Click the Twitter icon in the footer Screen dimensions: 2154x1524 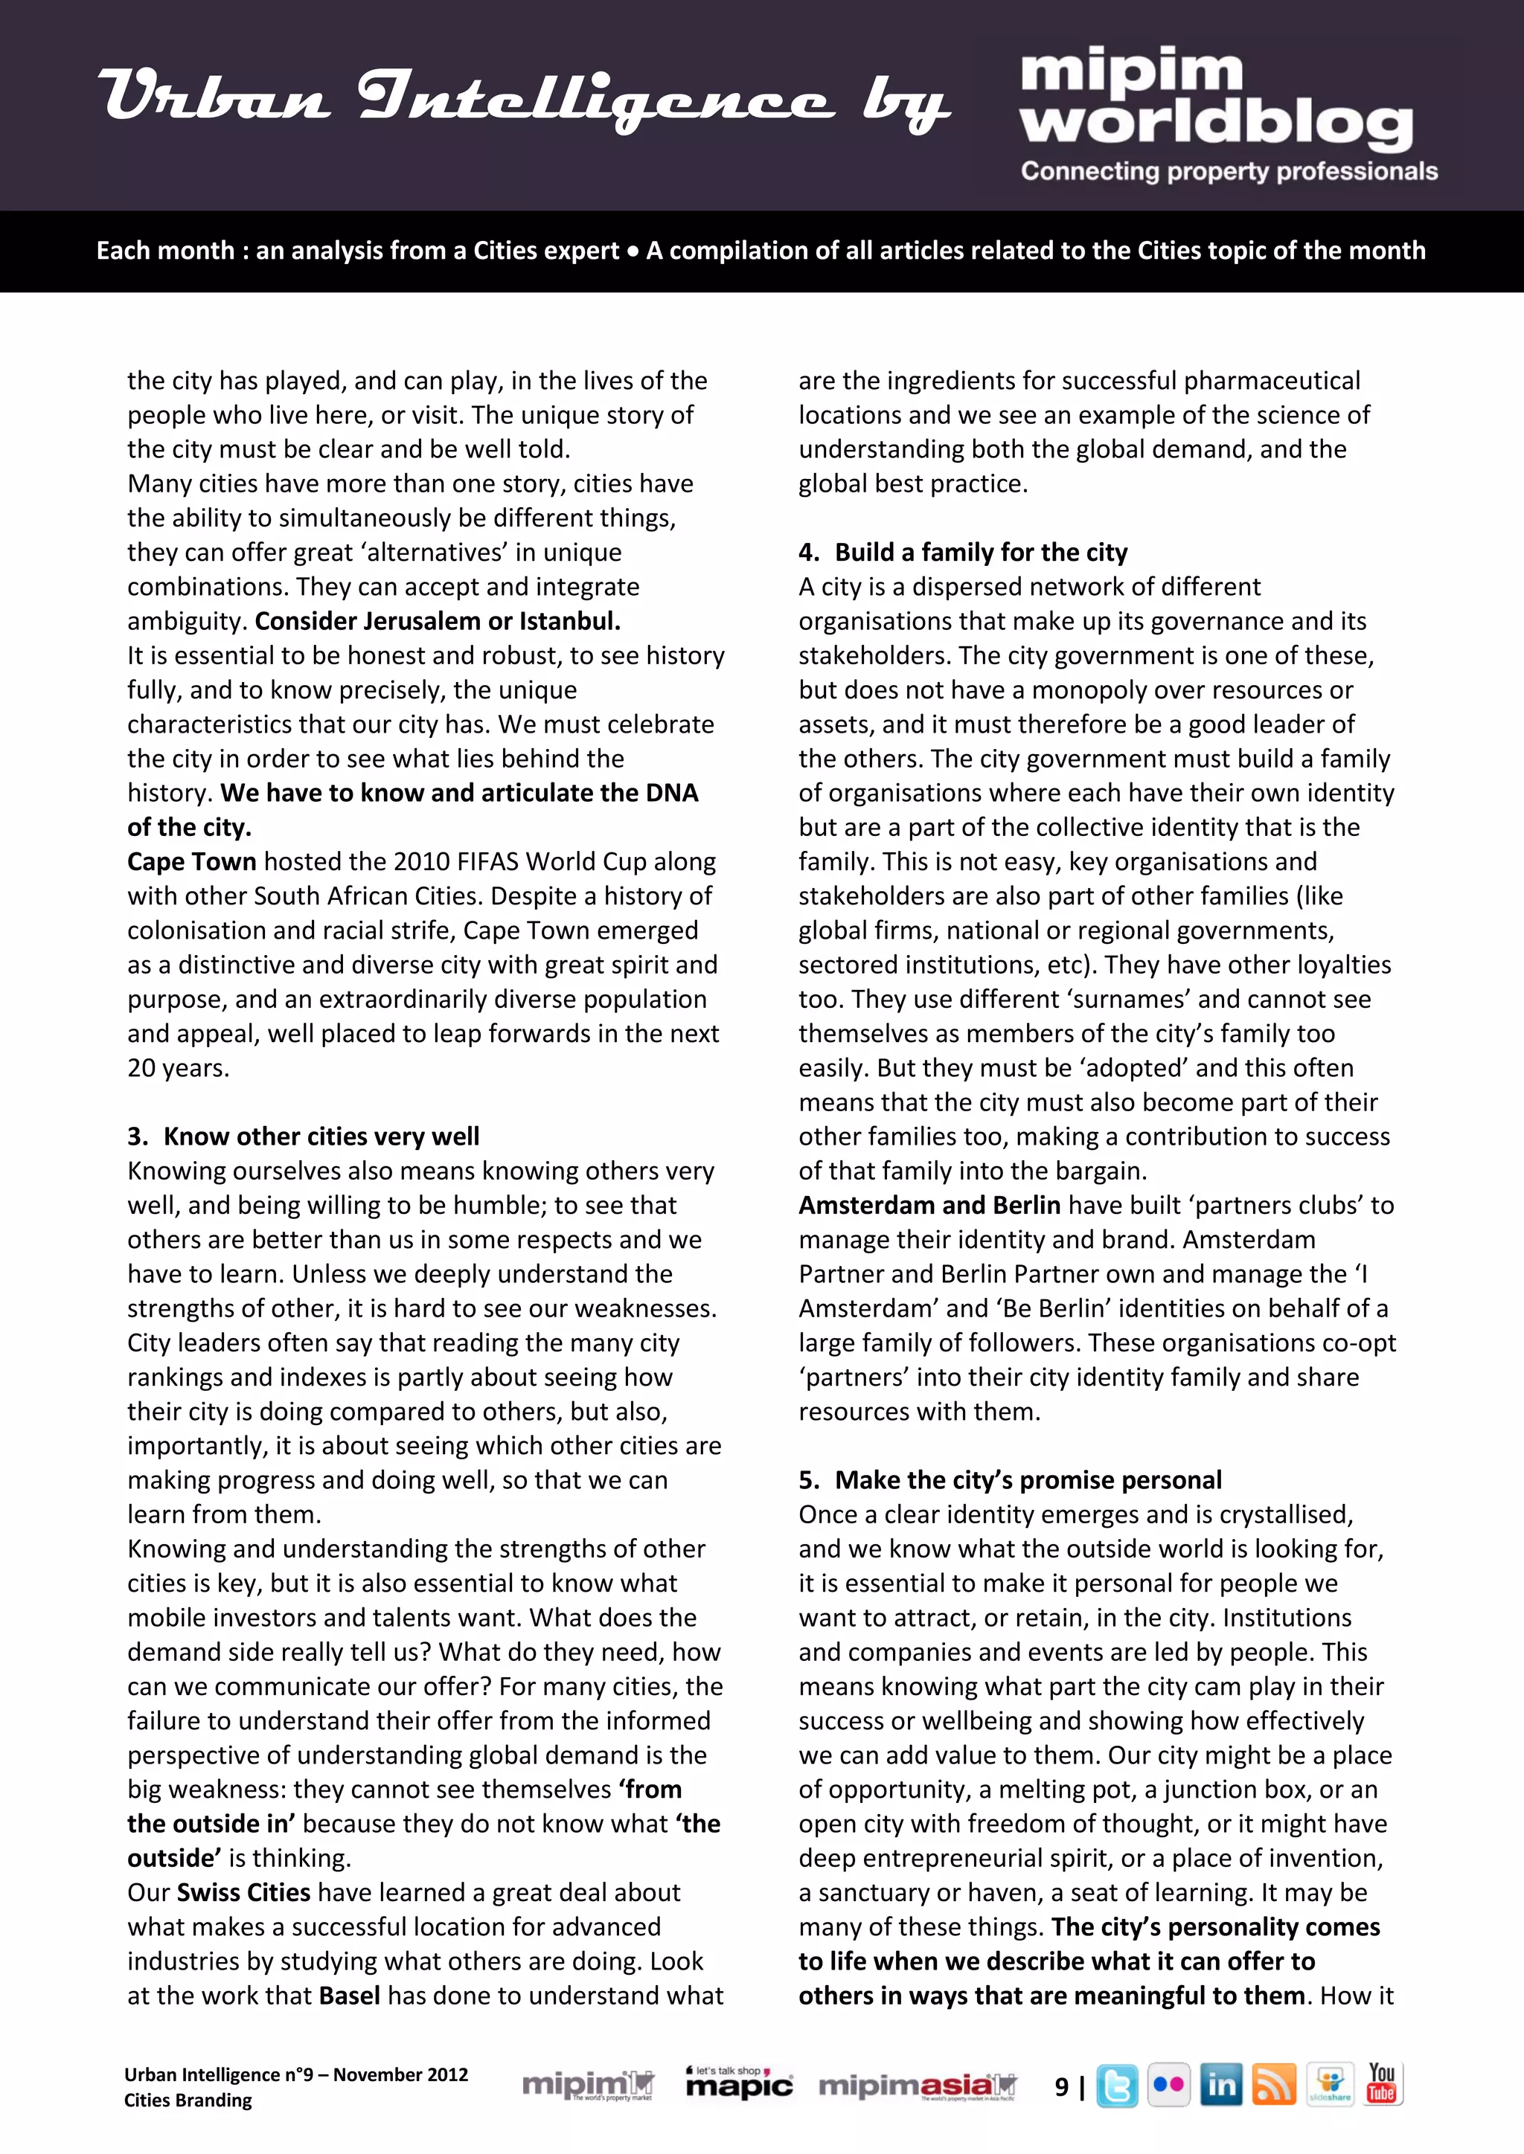pos(1117,2086)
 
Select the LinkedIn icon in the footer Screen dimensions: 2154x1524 pos(1221,2086)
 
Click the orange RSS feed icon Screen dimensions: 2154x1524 pos(1273,2086)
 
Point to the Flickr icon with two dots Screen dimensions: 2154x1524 pos(1168,2086)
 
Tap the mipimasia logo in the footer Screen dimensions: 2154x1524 pos(917,2086)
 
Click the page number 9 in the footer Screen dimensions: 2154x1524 pos(1061,2087)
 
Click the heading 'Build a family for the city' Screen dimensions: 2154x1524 pos(981,552)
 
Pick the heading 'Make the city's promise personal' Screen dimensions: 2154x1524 pos(1028,1479)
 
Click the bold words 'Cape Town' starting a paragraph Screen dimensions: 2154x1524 pos(191,861)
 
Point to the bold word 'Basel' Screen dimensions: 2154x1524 pos(349,1996)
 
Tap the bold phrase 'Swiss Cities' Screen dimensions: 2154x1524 pos(243,1892)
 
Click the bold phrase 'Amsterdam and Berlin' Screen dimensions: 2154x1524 pos(929,1205)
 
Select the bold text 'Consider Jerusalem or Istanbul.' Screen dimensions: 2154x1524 pos(438,621)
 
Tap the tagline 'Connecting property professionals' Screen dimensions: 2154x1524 pos(1229,172)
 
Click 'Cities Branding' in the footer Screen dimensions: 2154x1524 pos(188,2100)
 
